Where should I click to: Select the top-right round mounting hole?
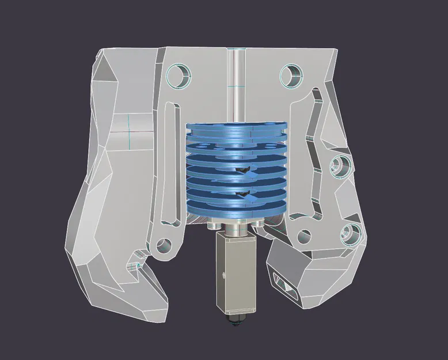[x=291, y=74]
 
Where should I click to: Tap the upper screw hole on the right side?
[x=340, y=166]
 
